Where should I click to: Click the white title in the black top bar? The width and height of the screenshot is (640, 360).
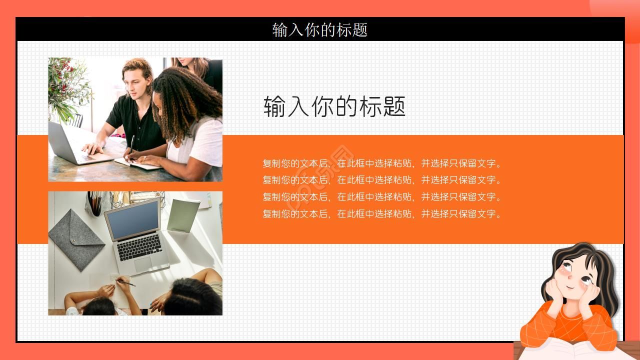320,29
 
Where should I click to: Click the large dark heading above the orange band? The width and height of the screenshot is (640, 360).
334,106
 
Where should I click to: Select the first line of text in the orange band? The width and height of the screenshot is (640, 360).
382,163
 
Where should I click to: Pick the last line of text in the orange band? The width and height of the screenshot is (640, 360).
382,214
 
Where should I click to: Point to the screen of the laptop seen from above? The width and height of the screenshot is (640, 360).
132,220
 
